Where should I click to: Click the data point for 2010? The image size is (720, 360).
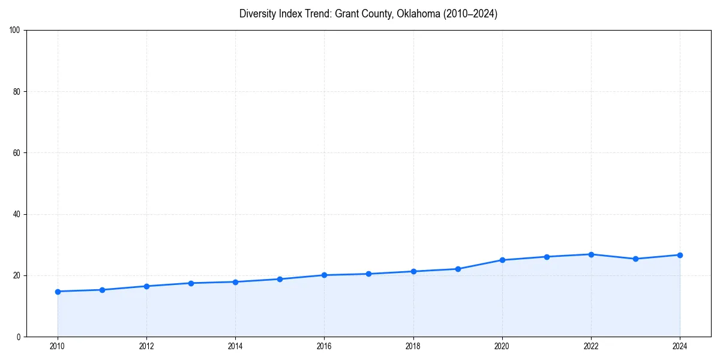click(58, 292)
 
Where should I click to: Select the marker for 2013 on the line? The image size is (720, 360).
click(191, 283)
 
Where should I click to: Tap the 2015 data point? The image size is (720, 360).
click(280, 279)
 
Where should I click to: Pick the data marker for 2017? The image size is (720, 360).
click(368, 274)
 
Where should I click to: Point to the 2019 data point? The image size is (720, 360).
click(458, 269)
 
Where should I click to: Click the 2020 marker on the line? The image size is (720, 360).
click(502, 260)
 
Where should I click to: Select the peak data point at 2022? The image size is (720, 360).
click(591, 254)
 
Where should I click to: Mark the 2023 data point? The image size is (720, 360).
click(635, 259)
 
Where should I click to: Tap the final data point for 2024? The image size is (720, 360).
click(680, 255)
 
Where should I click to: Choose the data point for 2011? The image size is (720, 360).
click(102, 290)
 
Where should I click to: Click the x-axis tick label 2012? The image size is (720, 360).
click(146, 346)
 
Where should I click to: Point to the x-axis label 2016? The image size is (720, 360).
click(324, 346)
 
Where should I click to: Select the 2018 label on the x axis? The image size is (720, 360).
click(413, 346)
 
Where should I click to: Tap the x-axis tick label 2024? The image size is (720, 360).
click(680, 346)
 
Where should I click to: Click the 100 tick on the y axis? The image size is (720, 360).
click(16, 31)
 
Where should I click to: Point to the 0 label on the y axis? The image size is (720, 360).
click(19, 337)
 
